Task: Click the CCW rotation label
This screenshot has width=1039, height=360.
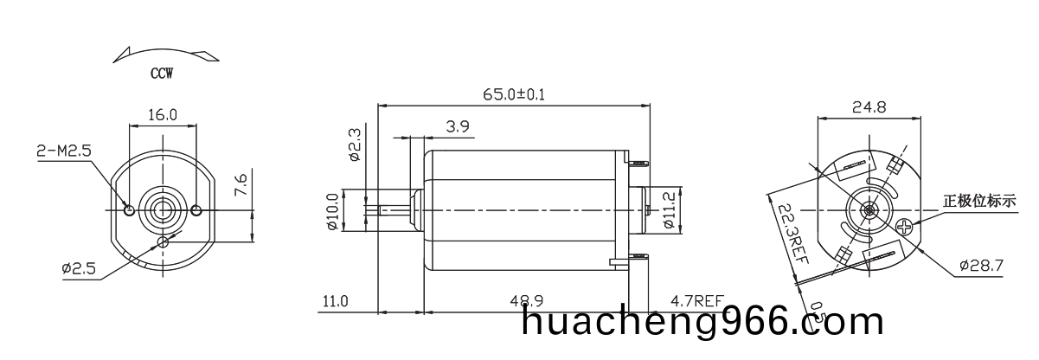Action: click(x=161, y=74)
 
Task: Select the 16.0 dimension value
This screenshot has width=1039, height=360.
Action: click(x=163, y=114)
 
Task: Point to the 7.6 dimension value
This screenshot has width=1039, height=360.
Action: click(x=242, y=185)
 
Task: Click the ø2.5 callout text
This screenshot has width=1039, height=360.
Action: click(x=79, y=268)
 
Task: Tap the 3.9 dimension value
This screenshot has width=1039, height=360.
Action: click(x=458, y=126)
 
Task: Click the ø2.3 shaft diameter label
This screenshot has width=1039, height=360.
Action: click(x=355, y=145)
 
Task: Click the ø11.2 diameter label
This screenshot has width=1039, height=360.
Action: click(x=669, y=209)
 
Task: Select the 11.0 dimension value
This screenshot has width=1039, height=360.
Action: click(x=335, y=301)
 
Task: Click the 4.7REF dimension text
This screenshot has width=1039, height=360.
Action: click(x=696, y=301)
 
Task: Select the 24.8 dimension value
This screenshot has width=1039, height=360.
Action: click(x=869, y=107)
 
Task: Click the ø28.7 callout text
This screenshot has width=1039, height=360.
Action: click(x=980, y=266)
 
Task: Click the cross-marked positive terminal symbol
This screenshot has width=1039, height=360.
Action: click(x=905, y=228)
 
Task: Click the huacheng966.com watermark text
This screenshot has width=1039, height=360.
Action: click(x=703, y=322)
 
